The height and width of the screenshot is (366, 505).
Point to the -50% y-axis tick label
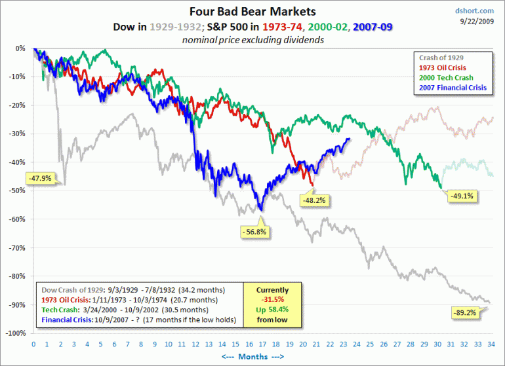[x=18, y=191]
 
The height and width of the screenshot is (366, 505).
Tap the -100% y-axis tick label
[x=16, y=333]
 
